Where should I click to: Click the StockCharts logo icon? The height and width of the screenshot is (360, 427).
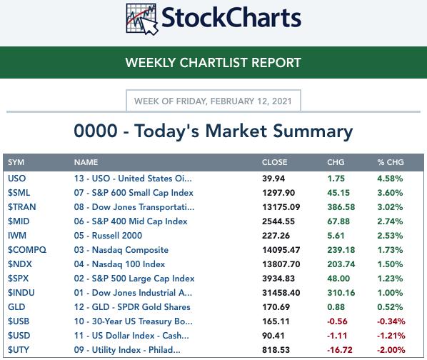coord(142,19)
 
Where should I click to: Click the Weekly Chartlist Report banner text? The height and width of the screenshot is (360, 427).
coord(213,63)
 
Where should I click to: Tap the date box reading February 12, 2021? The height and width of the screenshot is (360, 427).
coord(213,101)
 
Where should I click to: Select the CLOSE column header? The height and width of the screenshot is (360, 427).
coord(274,162)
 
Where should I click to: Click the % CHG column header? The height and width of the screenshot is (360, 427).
coord(391,162)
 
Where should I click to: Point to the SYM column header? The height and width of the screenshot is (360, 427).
coord(16,162)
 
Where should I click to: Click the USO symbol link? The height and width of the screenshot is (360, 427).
coord(17,179)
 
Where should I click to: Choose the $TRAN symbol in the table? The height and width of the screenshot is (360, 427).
coord(22,207)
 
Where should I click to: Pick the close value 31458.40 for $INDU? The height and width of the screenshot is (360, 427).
coord(281,293)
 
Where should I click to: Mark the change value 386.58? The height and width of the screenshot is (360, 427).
coord(341,207)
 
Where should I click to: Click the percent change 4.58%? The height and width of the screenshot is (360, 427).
coord(390,179)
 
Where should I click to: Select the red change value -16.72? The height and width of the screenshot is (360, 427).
coord(340,350)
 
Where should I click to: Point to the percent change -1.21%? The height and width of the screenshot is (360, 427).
coord(391,336)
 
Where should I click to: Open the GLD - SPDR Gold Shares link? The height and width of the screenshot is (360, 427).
coord(132,307)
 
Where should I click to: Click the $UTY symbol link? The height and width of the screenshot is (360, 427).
coord(19,350)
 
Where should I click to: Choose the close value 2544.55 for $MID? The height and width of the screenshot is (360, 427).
coord(278,221)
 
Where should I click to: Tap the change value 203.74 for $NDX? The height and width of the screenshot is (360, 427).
coord(341,264)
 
